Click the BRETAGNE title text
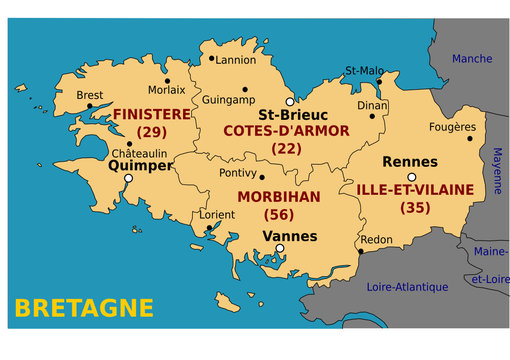pos(85,307)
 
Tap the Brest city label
pos(89,96)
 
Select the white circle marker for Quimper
pos(128,178)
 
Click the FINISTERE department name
pos(152,114)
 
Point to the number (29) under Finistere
pos(152,132)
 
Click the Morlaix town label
pos(166,90)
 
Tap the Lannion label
pos(237,60)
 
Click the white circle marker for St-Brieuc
pos(290,102)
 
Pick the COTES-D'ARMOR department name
pos(286,131)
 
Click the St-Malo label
pos(364,71)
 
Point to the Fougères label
pos(452,127)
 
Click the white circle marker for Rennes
pos(411,177)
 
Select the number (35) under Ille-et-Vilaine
pos(414,208)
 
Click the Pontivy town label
pos(237,173)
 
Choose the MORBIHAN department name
pos(278,197)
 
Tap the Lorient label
pos(217,215)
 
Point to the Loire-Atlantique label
pos(408,286)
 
